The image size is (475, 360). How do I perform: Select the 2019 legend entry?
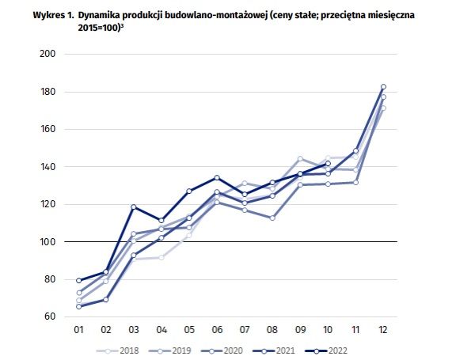[x=175, y=349]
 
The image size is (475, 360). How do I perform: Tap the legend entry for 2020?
[x=230, y=349]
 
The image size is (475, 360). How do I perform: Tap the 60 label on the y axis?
[x=48, y=316]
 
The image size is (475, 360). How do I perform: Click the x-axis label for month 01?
[x=79, y=330]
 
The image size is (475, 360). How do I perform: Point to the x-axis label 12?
[x=383, y=330]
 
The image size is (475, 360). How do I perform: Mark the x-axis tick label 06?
[x=217, y=330]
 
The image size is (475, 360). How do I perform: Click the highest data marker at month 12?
[x=383, y=87]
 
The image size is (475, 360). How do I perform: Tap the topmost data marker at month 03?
[x=134, y=207]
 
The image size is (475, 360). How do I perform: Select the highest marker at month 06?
[x=217, y=178]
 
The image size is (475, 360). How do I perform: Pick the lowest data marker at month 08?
[x=272, y=218]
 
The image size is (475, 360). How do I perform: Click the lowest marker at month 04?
[x=161, y=257]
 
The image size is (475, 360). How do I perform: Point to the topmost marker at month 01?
[x=79, y=281]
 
